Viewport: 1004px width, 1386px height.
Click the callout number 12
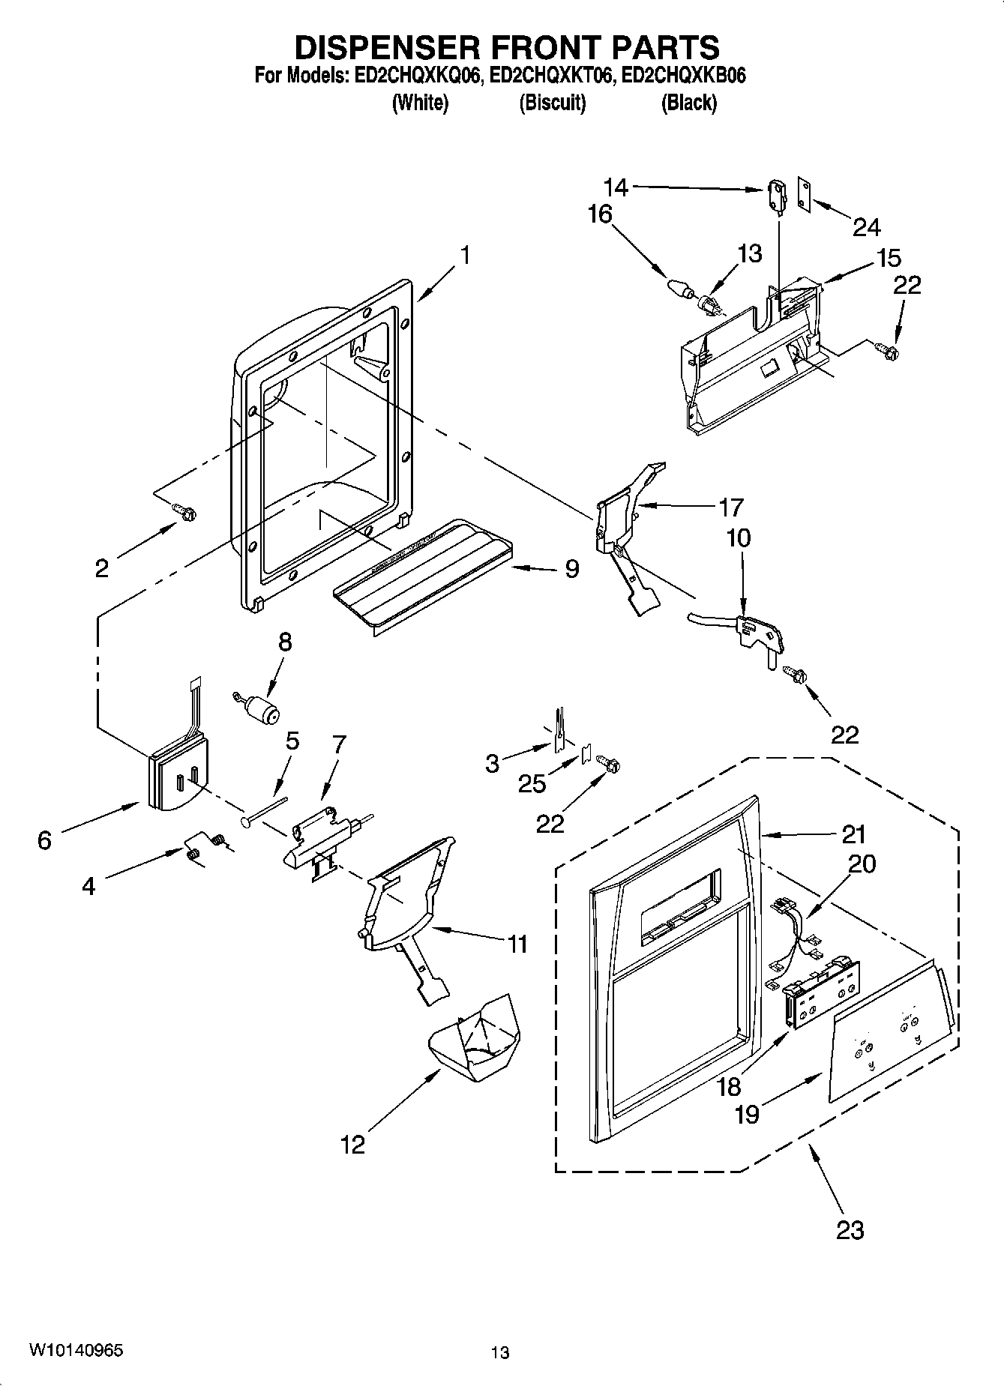(352, 1145)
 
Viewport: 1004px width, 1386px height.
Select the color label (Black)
(688, 103)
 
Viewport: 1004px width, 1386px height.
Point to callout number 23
(850, 1229)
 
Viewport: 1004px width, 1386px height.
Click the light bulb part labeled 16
(678, 288)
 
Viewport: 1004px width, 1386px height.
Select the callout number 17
(731, 507)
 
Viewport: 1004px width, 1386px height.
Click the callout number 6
(44, 840)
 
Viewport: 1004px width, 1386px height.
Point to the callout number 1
(465, 255)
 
